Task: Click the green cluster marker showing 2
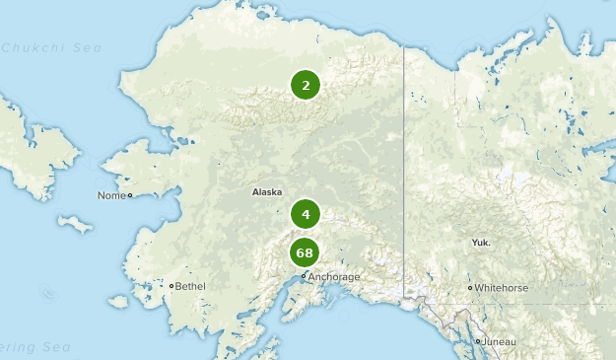(x=306, y=85)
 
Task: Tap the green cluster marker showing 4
(x=306, y=213)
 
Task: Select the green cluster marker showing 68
(x=306, y=252)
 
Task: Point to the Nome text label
(x=110, y=195)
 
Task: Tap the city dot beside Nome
(x=130, y=195)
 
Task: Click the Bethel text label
(x=191, y=286)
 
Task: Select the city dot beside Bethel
(x=171, y=286)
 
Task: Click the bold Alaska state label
(x=267, y=191)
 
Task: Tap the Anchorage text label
(x=334, y=277)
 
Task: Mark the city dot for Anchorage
(x=304, y=277)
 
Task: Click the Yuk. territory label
(x=481, y=242)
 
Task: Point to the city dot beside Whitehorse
(x=471, y=288)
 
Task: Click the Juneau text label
(x=500, y=341)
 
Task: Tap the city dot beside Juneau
(x=479, y=341)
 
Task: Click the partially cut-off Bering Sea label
(x=30, y=347)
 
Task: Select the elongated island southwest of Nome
(x=75, y=224)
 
